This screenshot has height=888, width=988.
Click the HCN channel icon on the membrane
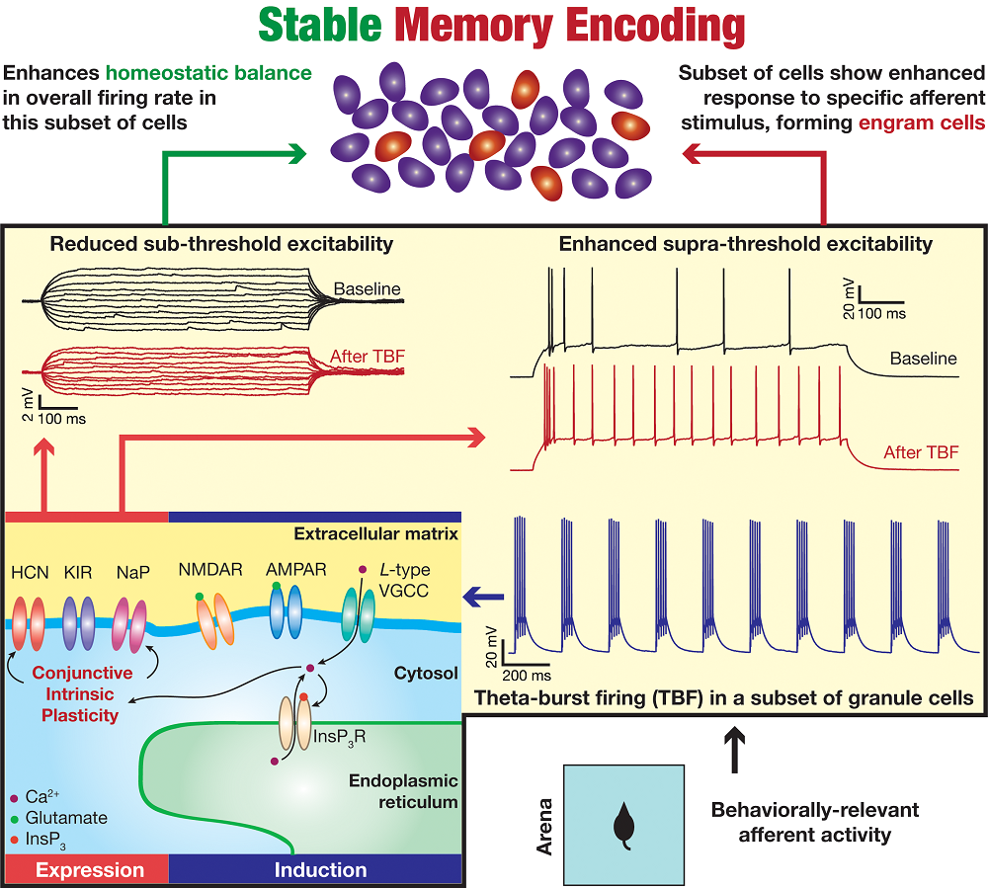click(x=29, y=625)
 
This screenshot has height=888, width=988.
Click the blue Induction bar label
click(x=320, y=870)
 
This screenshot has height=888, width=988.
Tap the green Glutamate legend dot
click(x=14, y=818)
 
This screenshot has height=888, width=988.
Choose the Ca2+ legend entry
click(x=44, y=799)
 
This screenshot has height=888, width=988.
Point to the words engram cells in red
click(x=918, y=123)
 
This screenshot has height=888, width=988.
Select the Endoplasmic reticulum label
click(x=404, y=790)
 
